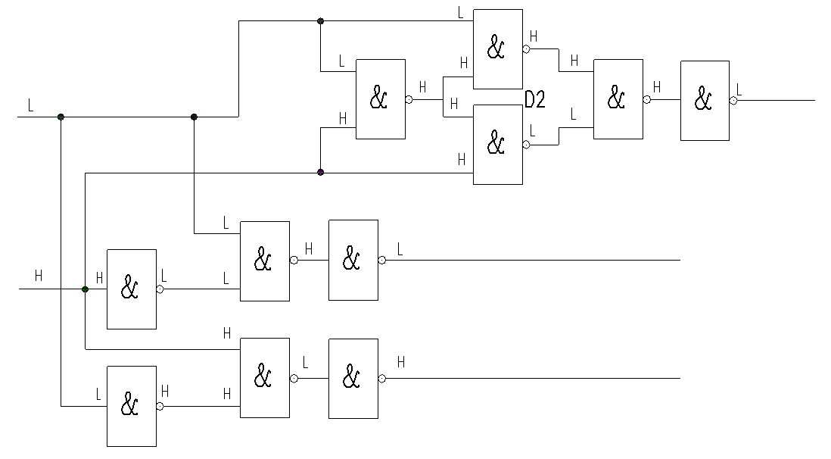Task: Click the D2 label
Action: tap(535, 99)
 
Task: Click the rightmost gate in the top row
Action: tap(705, 101)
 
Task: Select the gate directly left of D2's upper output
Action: tap(498, 48)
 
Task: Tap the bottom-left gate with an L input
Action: tap(132, 406)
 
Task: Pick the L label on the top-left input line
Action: tap(31, 105)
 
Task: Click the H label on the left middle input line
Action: tap(39, 276)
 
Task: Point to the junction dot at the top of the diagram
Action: tap(320, 21)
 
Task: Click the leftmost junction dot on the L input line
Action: tap(61, 117)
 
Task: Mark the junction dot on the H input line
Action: tap(85, 289)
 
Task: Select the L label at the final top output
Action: tap(739, 89)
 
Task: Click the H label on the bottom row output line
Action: tap(401, 362)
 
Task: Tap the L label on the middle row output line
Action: tap(400, 249)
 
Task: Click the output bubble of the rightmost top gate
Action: tap(733, 101)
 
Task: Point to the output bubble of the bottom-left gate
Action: tap(160, 407)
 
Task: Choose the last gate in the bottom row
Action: tap(353, 379)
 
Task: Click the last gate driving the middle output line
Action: tap(353, 260)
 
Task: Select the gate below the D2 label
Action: tap(498, 145)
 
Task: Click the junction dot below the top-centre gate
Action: tap(320, 173)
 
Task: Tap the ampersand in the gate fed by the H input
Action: tap(129, 287)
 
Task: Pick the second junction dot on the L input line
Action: tap(194, 117)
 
